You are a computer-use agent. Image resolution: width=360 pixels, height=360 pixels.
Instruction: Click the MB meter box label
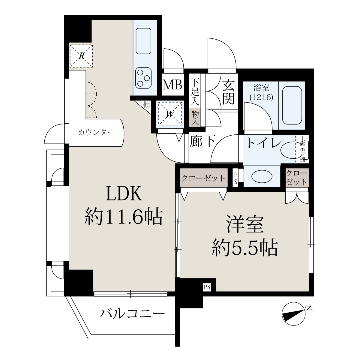point(172,85)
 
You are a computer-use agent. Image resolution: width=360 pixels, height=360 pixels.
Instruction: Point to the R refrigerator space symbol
point(81,56)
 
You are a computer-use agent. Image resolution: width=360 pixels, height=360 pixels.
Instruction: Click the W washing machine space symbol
point(170,114)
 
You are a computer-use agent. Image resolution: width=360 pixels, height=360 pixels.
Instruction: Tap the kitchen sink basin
point(143,41)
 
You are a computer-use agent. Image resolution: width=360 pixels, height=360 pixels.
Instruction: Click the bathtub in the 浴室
point(292,106)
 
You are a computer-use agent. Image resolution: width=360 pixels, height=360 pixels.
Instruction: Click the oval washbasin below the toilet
point(262,176)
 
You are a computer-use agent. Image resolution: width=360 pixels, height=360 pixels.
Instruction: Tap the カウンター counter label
point(96,133)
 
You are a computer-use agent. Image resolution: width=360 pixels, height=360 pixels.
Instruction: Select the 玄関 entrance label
point(228,91)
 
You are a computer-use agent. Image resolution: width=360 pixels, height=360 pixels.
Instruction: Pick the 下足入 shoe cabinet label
point(195,92)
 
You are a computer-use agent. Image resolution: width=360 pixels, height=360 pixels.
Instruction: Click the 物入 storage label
point(195,118)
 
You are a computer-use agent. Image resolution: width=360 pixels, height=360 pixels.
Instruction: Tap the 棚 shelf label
point(146,105)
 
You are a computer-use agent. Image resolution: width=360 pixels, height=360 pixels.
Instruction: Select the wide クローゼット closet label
point(203,178)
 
